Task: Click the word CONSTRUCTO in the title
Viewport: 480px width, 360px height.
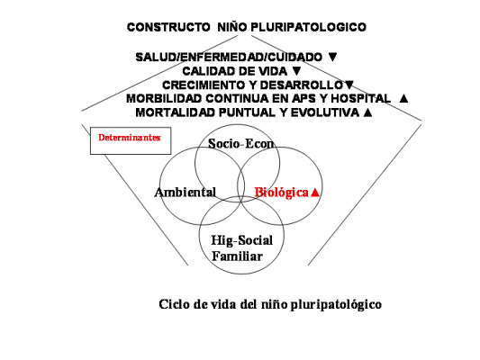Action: (168, 27)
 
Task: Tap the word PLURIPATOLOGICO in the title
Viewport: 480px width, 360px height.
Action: (309, 27)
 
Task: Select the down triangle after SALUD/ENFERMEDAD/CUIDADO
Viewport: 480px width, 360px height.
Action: (332, 57)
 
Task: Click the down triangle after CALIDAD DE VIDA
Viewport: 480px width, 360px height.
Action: (296, 71)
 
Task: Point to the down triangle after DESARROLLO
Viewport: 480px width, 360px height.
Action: (349, 85)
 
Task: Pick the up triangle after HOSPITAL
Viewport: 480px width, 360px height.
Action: (403, 98)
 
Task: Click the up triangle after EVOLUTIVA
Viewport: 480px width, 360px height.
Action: (367, 112)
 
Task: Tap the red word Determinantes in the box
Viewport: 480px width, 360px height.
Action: (129, 138)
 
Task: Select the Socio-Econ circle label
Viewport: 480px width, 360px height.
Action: (241, 143)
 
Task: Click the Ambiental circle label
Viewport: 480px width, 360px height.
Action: (186, 193)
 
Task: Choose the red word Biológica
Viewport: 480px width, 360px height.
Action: (282, 193)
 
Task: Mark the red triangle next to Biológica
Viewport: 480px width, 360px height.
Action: (315, 193)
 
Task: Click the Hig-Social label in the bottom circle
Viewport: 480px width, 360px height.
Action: (242, 240)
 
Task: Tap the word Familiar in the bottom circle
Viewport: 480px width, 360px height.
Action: (237, 256)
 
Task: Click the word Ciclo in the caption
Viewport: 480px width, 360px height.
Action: (175, 304)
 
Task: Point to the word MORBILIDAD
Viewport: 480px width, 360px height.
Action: (164, 98)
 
